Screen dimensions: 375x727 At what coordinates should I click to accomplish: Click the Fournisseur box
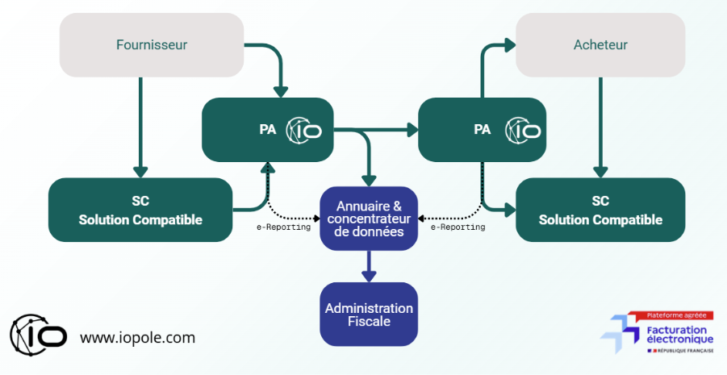[152, 45]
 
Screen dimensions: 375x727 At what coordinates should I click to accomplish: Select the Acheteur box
[600, 45]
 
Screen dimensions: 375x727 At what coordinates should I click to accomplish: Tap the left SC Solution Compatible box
[140, 210]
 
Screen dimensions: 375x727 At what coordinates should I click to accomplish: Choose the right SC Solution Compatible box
[600, 210]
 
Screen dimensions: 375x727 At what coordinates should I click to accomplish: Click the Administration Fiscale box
[369, 315]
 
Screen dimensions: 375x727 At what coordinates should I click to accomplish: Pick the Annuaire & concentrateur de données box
[369, 219]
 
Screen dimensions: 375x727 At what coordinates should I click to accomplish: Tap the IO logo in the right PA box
[524, 130]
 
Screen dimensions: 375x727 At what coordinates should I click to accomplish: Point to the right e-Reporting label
[458, 227]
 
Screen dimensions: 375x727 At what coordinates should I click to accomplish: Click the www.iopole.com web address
[137, 338]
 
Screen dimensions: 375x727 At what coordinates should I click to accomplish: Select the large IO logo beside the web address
[38, 331]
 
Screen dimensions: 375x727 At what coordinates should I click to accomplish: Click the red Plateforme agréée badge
[669, 315]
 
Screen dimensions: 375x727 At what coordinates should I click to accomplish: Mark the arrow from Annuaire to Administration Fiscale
[369, 266]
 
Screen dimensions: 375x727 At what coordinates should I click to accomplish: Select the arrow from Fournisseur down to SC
[140, 129]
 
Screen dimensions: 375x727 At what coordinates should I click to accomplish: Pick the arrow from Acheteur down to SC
[600, 129]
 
